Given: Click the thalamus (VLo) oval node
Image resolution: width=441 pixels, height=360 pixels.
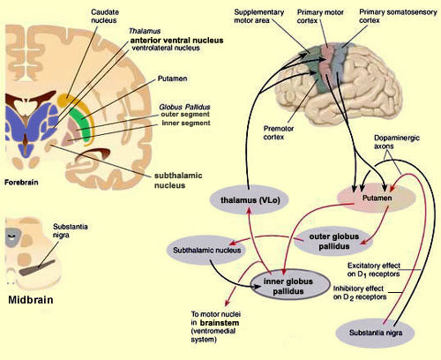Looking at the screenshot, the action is (250, 200).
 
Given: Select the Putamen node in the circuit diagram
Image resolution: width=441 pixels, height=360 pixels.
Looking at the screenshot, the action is (377, 198).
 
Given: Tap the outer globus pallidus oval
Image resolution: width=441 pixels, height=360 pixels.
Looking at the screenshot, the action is (333, 241).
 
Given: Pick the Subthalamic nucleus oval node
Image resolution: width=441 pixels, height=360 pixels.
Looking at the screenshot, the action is (206, 251).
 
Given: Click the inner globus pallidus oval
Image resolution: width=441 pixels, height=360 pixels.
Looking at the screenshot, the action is (290, 285).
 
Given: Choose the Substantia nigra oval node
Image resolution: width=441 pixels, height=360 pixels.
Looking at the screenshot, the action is (375, 333).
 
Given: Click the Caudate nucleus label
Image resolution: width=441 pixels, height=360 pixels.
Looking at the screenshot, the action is (105, 16).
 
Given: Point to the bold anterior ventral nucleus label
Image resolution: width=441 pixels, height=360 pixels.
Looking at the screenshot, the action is (176, 41).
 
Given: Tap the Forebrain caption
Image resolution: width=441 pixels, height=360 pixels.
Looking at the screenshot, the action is (21, 183).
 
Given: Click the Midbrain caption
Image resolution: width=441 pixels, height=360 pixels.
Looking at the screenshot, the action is (31, 300).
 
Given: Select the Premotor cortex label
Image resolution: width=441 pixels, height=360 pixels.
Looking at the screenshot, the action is (279, 132).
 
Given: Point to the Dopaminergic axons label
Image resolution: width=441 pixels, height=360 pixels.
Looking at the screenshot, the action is (397, 142).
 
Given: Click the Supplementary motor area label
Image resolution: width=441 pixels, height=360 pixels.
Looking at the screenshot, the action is (258, 16).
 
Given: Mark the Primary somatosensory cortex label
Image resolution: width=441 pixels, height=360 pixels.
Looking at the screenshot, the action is (398, 16).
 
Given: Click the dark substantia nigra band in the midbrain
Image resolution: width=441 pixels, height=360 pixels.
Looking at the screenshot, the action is (37, 267).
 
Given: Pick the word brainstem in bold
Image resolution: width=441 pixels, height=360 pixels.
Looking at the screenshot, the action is (220, 323).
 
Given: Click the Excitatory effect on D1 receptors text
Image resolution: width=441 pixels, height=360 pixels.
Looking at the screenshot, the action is (374, 270).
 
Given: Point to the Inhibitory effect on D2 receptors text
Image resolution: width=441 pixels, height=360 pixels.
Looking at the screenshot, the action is (360, 293).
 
